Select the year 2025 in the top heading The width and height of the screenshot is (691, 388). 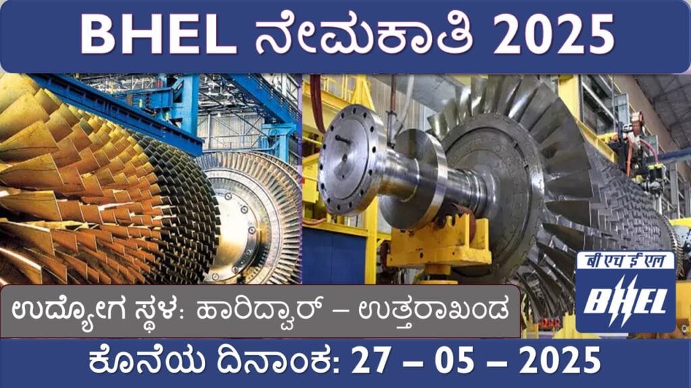click(554, 34)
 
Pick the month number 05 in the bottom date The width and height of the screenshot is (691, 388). click(455, 360)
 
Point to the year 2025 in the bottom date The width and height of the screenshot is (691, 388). click(559, 360)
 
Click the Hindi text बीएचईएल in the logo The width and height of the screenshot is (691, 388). click(626, 261)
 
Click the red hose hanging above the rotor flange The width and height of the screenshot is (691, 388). click(316, 103)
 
